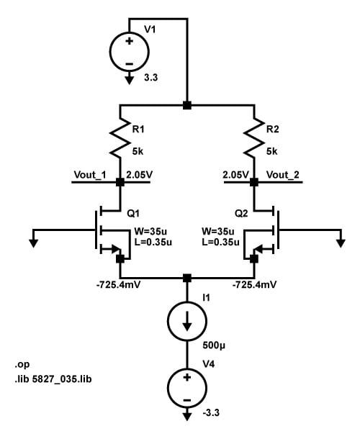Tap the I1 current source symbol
(186, 320)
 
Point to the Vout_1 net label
(90, 175)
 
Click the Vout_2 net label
(282, 175)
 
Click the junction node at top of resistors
(187, 105)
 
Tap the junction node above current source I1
(187, 278)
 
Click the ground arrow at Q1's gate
(34, 242)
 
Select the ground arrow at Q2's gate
(339, 242)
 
